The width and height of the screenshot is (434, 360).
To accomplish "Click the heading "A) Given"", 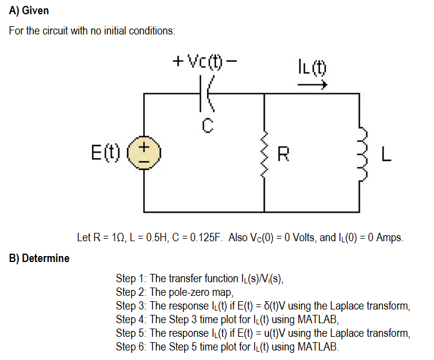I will pyautogui.click(x=29, y=11).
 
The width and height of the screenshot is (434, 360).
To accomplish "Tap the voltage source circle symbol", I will pyautogui.click(x=144, y=153).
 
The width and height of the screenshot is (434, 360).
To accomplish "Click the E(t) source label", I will pyautogui.click(x=107, y=153).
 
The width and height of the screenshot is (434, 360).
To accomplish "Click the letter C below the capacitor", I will pyautogui.click(x=207, y=125).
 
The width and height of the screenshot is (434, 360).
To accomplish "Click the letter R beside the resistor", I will pyautogui.click(x=284, y=156).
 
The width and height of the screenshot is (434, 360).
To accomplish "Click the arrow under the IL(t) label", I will pyautogui.click(x=312, y=86).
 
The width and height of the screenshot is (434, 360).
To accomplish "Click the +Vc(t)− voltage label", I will pyautogui.click(x=205, y=61).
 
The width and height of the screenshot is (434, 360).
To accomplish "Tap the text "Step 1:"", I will pyautogui.click(x=131, y=278).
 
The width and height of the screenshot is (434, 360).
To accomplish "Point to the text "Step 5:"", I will pyautogui.click(x=131, y=333).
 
